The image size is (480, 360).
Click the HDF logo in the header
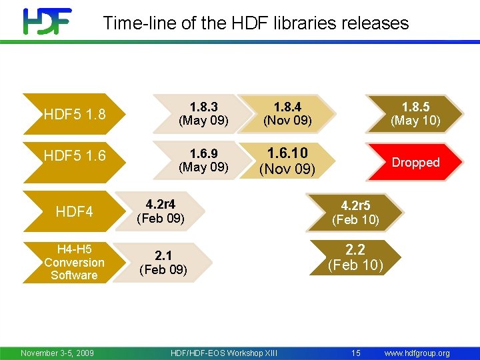pos(47,21)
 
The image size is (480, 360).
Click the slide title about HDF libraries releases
pos(255,23)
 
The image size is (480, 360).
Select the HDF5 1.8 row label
pos(74,114)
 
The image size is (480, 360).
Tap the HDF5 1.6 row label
pos(74,156)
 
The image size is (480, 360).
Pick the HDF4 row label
pos(74,212)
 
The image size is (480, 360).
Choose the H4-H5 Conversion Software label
pos(74,262)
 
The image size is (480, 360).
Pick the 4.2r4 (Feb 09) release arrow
pos(161,211)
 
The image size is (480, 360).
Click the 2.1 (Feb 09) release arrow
pos(163,262)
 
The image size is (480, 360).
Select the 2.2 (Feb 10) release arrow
pos(355,257)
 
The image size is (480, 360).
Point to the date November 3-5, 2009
pos(57,353)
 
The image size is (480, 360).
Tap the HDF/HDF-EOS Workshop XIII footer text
pos(224,353)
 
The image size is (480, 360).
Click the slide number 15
pos(356,353)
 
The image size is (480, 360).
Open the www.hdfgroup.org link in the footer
pos(417,353)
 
